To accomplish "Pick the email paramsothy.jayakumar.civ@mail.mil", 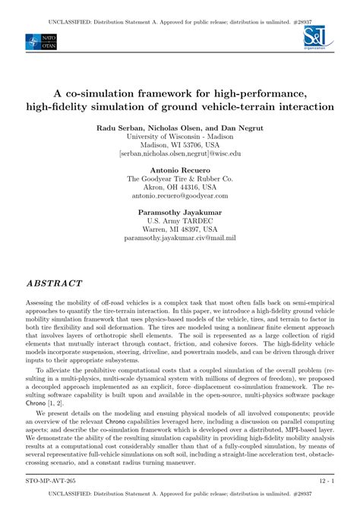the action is tap(180, 238).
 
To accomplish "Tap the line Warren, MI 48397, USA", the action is tap(180, 229).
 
